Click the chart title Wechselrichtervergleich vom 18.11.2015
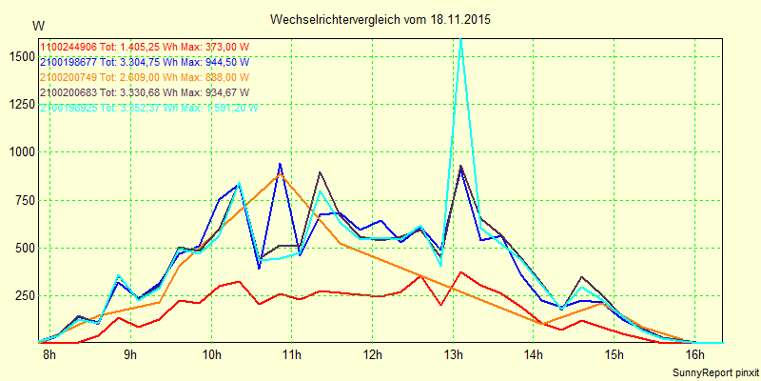click(380, 19)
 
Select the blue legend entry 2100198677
click(144, 61)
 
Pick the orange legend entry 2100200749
click(144, 76)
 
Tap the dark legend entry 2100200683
click(144, 91)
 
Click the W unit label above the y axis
click(37, 25)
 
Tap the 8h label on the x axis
click(49, 355)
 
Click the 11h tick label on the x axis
click(292, 355)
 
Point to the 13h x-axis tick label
click(454, 355)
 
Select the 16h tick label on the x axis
click(695, 355)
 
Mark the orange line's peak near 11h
click(280, 174)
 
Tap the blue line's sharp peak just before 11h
click(280, 165)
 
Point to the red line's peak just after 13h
click(461, 272)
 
